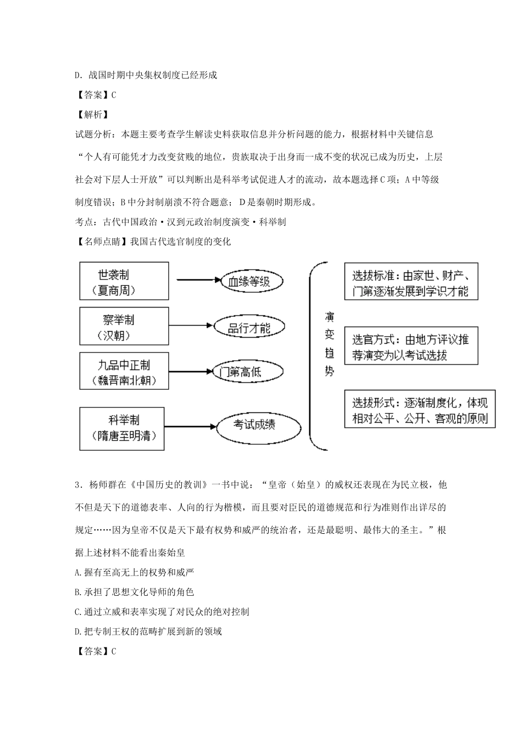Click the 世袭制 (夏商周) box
point(124,281)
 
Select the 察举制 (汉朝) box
point(124,326)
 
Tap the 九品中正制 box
point(124,371)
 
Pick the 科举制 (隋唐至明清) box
point(122,428)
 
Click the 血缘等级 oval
point(249,282)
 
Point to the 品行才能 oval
point(249,328)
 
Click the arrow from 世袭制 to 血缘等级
point(193,281)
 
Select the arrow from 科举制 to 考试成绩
point(190,426)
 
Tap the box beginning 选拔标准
point(410,282)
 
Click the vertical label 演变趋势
point(329,344)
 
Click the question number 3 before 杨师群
point(77,485)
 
